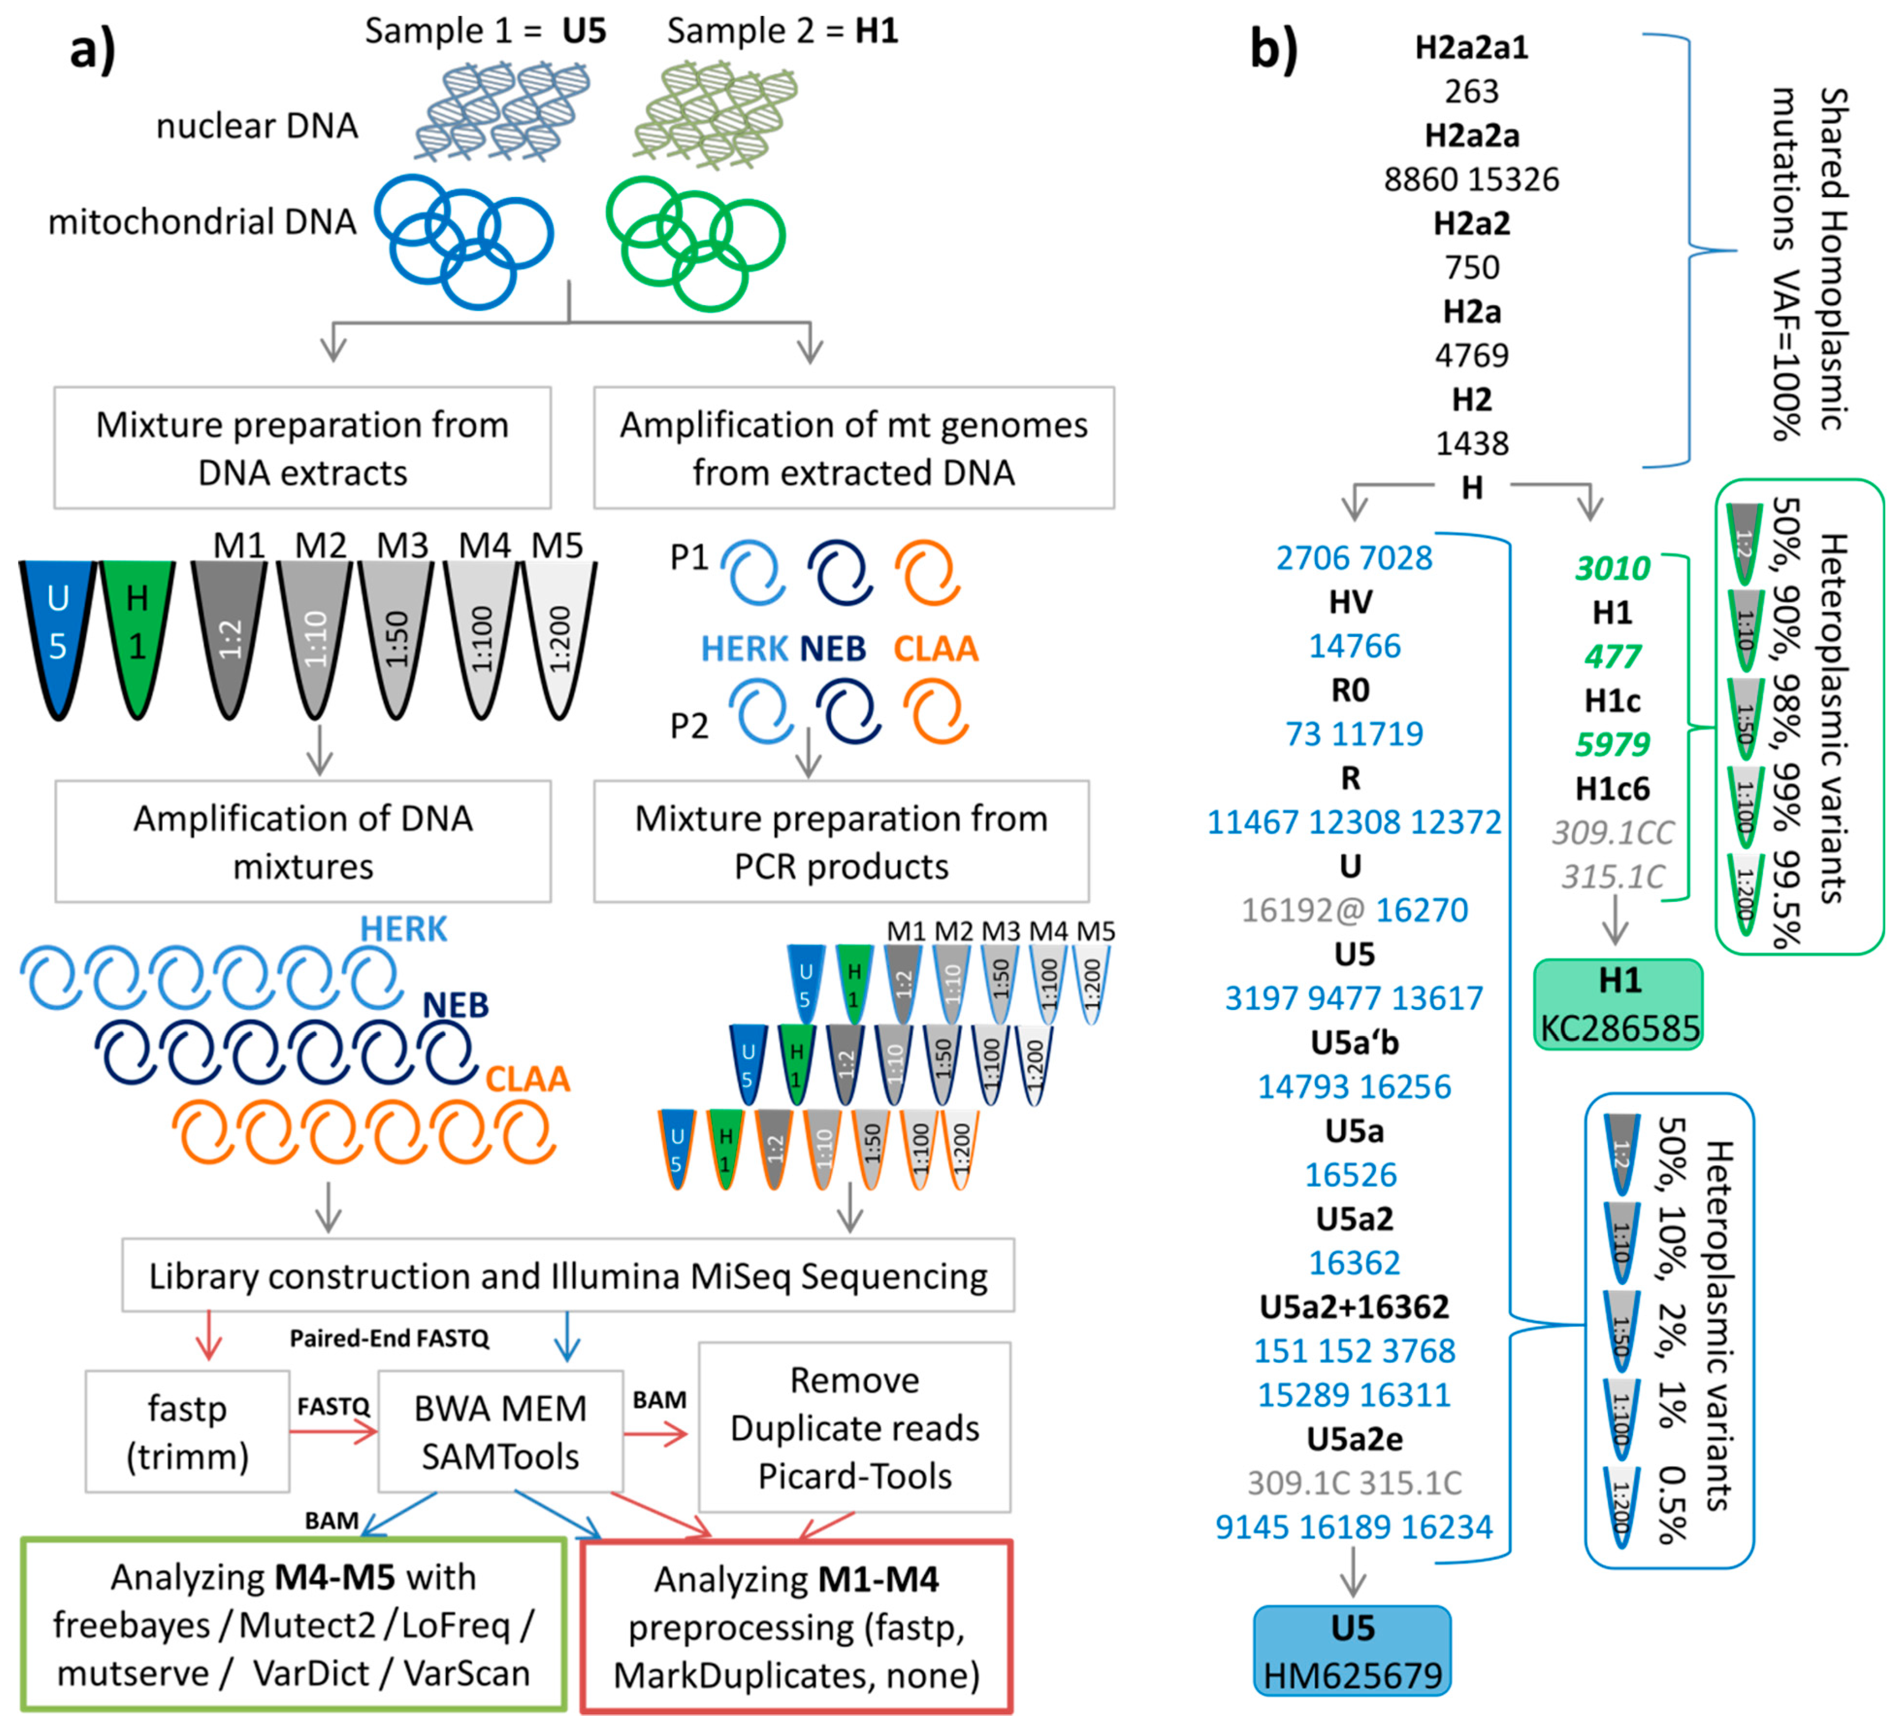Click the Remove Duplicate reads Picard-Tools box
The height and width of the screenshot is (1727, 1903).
pyautogui.click(x=854, y=1428)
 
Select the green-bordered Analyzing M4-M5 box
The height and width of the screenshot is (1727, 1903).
pyautogui.click(x=293, y=1624)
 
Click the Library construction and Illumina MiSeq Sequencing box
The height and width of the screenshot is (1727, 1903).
pyautogui.click(x=568, y=1276)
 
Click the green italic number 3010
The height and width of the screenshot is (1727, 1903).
pyautogui.click(x=1612, y=569)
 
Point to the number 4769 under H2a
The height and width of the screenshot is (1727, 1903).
pyautogui.click(x=1471, y=355)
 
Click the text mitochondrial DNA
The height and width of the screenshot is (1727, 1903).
pyautogui.click(x=202, y=222)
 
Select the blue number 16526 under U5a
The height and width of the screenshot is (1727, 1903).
pyautogui.click(x=1351, y=1174)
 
